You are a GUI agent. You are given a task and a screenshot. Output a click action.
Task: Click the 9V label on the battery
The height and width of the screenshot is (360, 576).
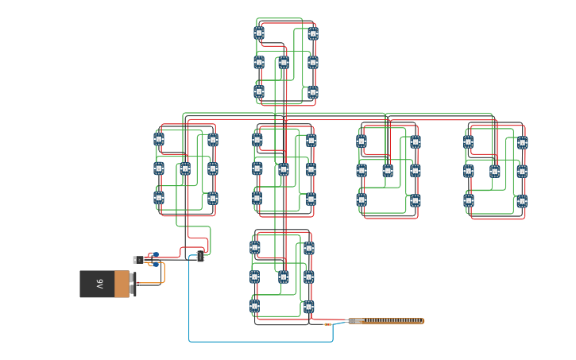tap(100, 283)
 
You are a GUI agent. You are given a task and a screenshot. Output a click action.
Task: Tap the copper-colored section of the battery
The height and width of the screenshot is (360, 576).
tap(122, 284)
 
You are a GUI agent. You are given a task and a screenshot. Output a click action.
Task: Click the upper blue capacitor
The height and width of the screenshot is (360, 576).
tap(155, 255)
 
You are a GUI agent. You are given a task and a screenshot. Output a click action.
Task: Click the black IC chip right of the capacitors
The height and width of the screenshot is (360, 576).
tap(199, 256)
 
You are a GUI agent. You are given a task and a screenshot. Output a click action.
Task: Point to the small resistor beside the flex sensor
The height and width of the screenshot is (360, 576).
tap(327, 324)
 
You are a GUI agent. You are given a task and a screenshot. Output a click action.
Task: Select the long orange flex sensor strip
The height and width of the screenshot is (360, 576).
tap(386, 321)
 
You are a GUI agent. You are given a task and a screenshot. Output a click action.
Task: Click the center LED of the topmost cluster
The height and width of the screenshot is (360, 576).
tap(284, 62)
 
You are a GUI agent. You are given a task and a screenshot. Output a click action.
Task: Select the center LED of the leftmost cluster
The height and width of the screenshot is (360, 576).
tap(185, 168)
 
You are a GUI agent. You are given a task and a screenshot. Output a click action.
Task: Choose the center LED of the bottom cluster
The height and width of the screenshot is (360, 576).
tap(283, 277)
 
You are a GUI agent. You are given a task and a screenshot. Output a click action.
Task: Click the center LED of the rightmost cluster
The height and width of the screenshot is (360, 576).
tap(494, 171)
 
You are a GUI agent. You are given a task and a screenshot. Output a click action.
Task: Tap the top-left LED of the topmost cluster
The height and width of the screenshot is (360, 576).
tap(259, 33)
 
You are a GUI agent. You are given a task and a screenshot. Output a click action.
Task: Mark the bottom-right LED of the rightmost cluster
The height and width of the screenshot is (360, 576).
tap(521, 201)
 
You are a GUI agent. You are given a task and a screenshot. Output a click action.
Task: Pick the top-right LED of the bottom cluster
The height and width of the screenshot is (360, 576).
tap(308, 248)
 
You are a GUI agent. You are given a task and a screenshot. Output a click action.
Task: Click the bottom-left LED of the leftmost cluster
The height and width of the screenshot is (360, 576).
tap(159, 197)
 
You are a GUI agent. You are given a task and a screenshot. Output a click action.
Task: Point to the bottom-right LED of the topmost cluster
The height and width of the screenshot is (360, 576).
tap(312, 92)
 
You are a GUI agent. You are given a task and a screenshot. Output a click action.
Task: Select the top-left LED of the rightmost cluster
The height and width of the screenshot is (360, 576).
tap(468, 141)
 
